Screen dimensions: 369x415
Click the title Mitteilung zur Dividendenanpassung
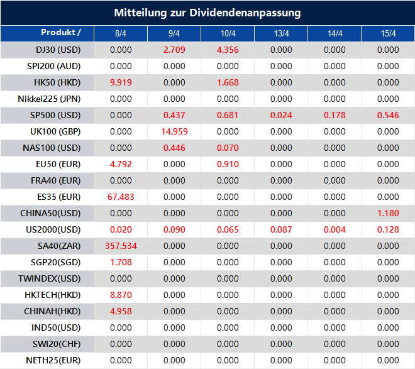tap(207, 13)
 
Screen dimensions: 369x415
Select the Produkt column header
tap(61, 33)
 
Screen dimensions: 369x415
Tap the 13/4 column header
tap(281, 33)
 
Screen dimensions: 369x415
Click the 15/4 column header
tap(388, 33)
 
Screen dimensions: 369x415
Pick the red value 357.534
tap(121, 246)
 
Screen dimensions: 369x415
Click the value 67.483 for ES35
tap(121, 197)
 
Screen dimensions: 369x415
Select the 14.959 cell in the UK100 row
tap(174, 131)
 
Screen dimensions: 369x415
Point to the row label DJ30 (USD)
tap(58, 50)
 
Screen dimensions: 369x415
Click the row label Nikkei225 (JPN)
tap(50, 99)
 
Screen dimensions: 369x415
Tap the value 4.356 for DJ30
tap(228, 50)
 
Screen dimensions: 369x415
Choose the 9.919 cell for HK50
tap(121, 82)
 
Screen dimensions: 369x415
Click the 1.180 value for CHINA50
tap(388, 213)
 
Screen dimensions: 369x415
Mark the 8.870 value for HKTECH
tap(121, 295)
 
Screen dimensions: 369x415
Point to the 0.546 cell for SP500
tap(388, 115)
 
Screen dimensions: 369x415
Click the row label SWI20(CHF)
tap(56, 344)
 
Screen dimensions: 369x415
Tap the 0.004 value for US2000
tap(335, 229)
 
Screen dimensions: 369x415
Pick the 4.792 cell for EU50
tap(121, 164)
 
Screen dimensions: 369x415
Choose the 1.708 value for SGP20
tap(121, 262)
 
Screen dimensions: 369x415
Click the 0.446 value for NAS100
tap(174, 148)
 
